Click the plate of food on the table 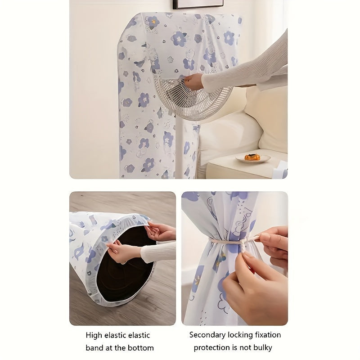click(x=252, y=158)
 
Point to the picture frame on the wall click(x=198, y=4)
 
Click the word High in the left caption click(x=94, y=335)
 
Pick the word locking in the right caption click(x=241, y=335)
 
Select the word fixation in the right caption click(x=268, y=335)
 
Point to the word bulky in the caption click(x=263, y=347)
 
